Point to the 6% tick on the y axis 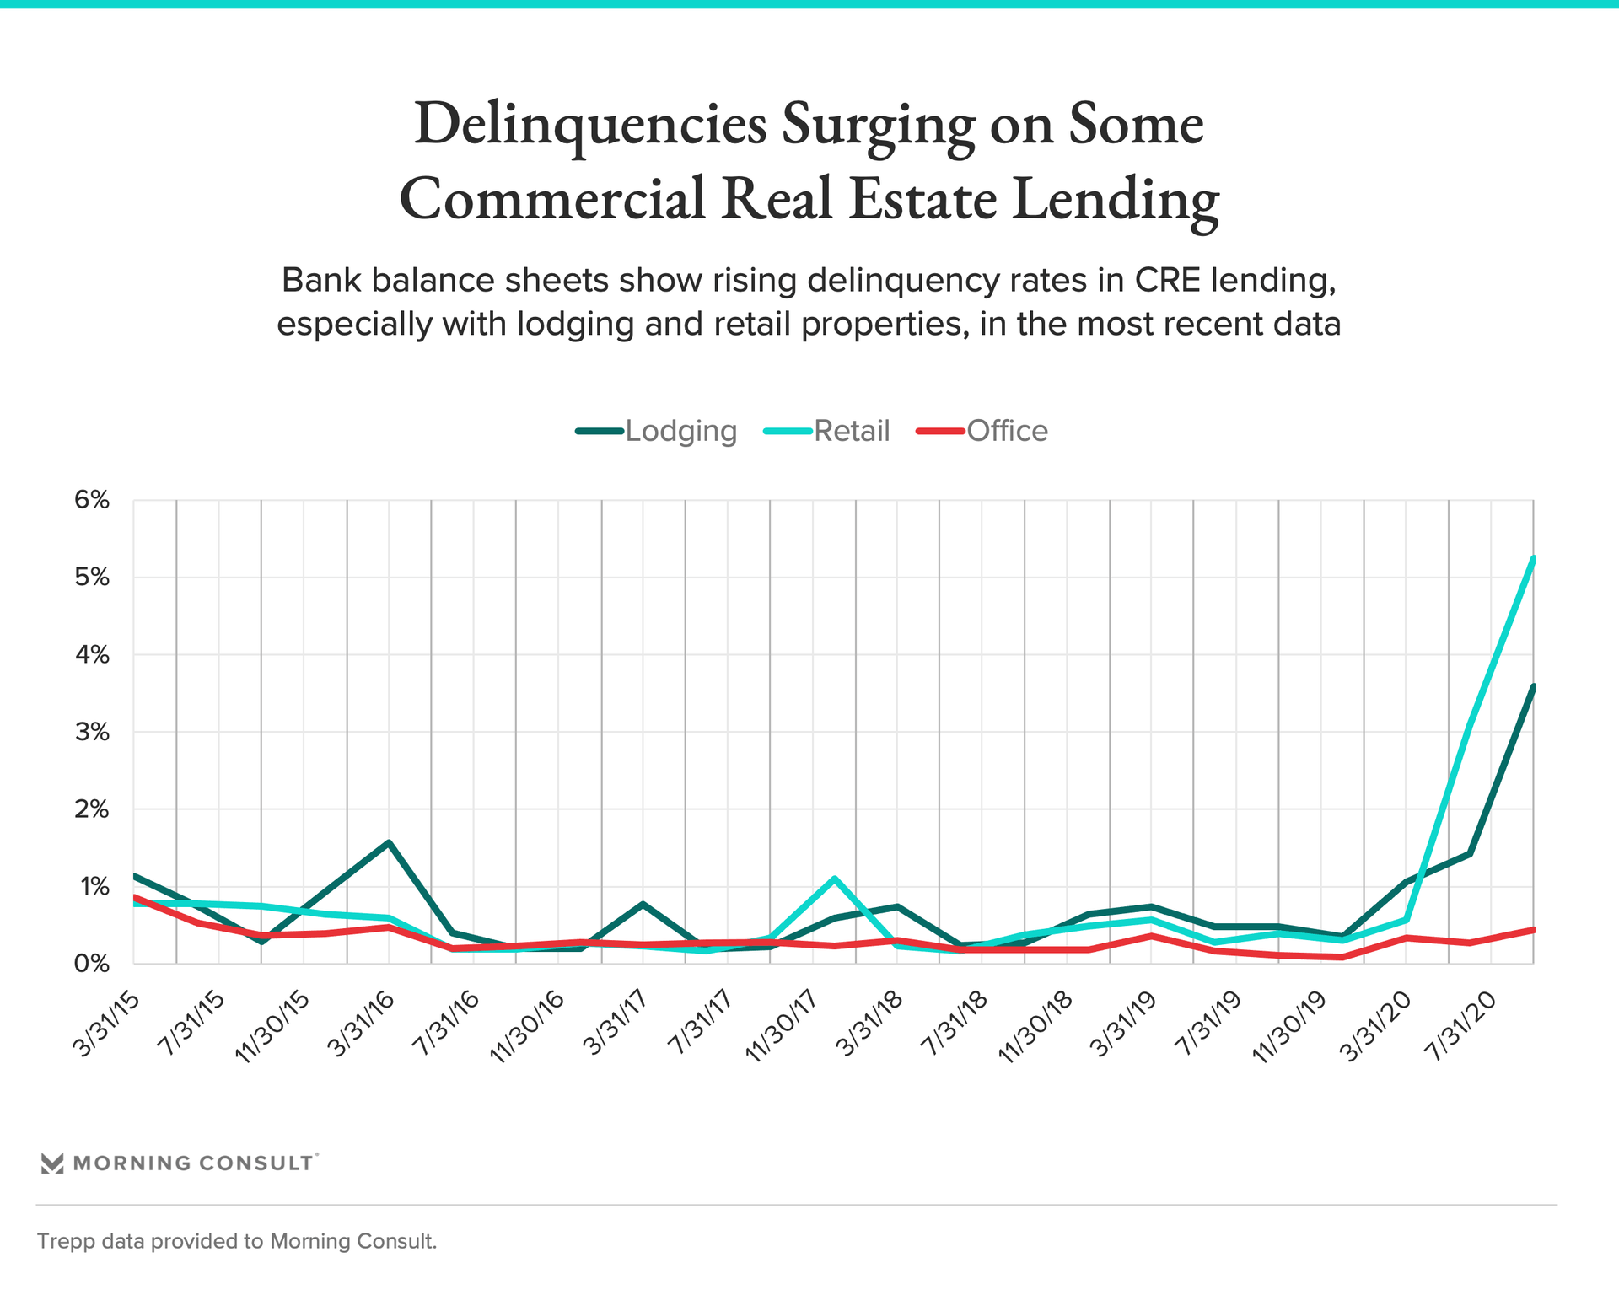click(92, 500)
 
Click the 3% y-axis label click(92, 732)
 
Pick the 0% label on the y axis click(92, 964)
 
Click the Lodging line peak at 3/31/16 click(389, 841)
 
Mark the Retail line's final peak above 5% click(1532, 559)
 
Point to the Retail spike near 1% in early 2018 click(834, 879)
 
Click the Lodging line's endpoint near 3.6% click(1532, 687)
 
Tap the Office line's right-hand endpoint click(1532, 929)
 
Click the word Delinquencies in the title click(590, 124)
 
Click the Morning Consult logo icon click(52, 1163)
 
